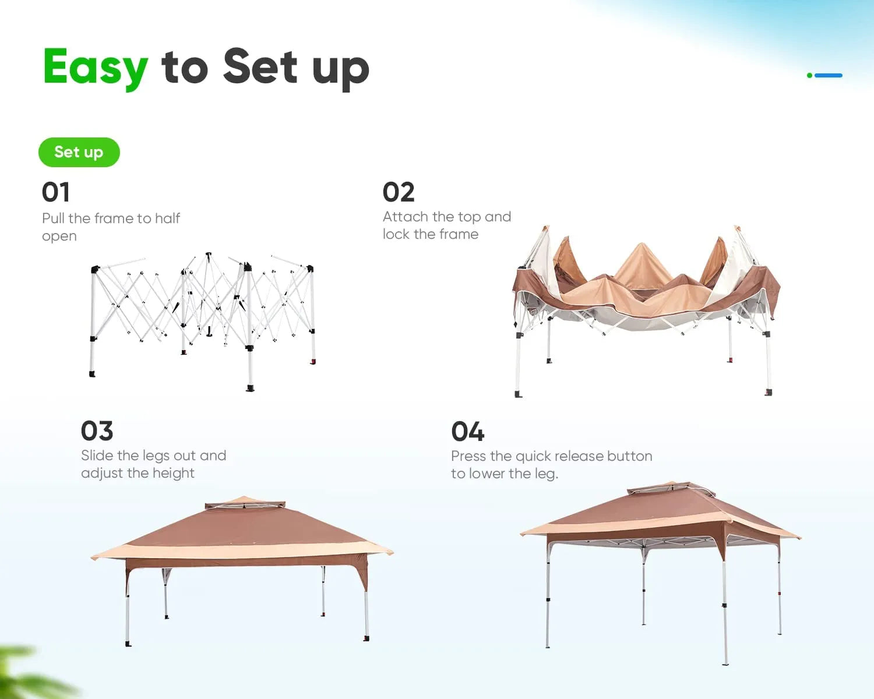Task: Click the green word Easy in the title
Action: click(96, 67)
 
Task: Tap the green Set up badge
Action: click(79, 152)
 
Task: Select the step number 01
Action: click(55, 192)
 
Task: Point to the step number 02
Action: click(399, 192)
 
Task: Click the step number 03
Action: click(97, 431)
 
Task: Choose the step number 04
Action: click(467, 432)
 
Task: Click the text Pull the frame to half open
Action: click(110, 227)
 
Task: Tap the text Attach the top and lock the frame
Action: click(446, 225)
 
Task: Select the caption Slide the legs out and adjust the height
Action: click(153, 464)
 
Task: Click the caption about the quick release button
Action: click(551, 465)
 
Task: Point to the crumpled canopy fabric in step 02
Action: click(644, 285)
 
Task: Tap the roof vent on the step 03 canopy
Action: click(245, 503)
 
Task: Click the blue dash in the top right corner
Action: click(829, 75)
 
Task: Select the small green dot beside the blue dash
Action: click(809, 75)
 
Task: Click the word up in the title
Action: click(340, 69)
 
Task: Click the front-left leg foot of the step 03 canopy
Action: click(128, 644)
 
